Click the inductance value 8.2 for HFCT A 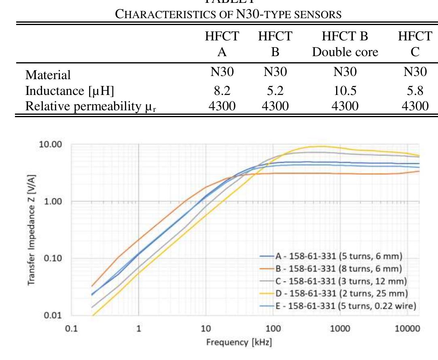tap(222, 91)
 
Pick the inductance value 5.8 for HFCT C tap(415, 91)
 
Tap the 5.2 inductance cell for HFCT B tap(275, 91)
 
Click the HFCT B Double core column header tap(345, 44)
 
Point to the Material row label tap(48, 75)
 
